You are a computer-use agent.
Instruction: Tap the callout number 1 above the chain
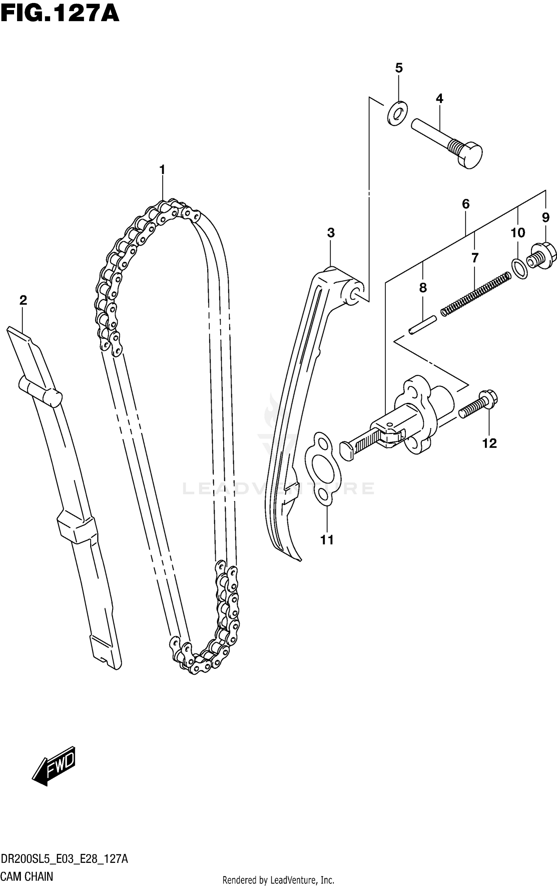click(162, 170)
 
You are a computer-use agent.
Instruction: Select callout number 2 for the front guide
click(23, 300)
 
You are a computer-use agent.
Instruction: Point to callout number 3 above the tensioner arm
click(331, 233)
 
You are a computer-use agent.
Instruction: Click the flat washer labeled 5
click(397, 112)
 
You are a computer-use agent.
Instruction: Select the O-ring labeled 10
click(519, 269)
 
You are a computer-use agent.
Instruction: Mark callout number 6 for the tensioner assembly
click(466, 204)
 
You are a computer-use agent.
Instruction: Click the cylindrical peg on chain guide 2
click(41, 392)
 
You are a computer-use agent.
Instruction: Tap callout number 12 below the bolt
click(489, 443)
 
